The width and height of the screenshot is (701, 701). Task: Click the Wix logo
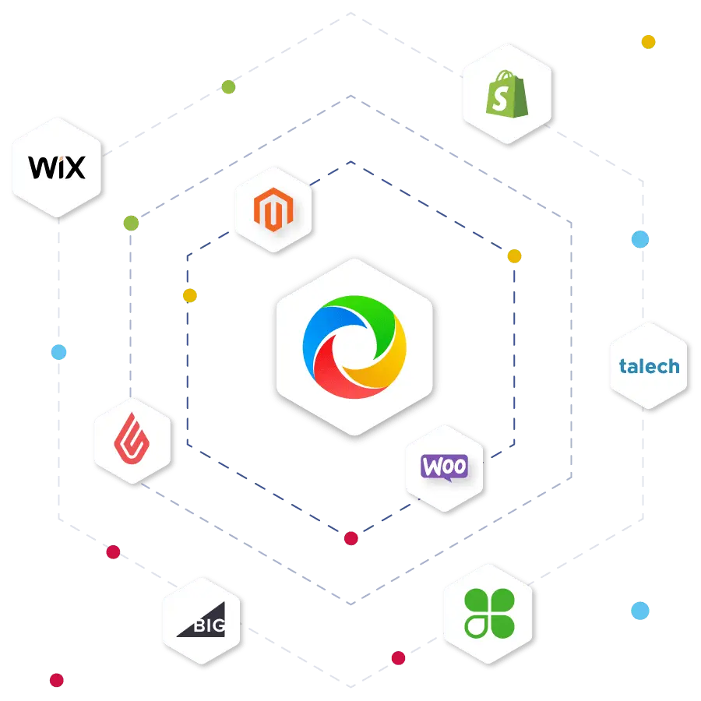pyautogui.click(x=57, y=167)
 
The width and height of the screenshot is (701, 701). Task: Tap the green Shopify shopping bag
pyautogui.click(x=507, y=94)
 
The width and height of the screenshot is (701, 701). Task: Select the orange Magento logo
pyautogui.click(x=273, y=210)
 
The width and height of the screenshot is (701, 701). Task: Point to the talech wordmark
pyautogui.click(x=649, y=366)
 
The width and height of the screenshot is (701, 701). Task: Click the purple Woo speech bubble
pyautogui.click(x=445, y=467)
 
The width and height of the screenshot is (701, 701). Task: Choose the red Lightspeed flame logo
pyautogui.click(x=132, y=438)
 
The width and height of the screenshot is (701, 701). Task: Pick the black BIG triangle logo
pyautogui.click(x=202, y=620)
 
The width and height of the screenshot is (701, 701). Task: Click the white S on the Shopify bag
pyautogui.click(x=500, y=98)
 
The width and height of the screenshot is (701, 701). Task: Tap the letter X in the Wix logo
pyautogui.click(x=74, y=167)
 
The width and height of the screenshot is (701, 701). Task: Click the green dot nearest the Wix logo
pyautogui.click(x=131, y=223)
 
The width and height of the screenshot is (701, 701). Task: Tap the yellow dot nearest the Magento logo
pyautogui.click(x=190, y=295)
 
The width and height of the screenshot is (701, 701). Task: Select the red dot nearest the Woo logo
pyautogui.click(x=351, y=538)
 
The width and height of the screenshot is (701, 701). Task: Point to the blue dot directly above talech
pyautogui.click(x=640, y=239)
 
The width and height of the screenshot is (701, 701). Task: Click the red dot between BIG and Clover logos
pyautogui.click(x=398, y=658)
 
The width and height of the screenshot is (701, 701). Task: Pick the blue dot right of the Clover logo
pyautogui.click(x=640, y=611)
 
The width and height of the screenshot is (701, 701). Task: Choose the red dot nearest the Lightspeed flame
pyautogui.click(x=113, y=552)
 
